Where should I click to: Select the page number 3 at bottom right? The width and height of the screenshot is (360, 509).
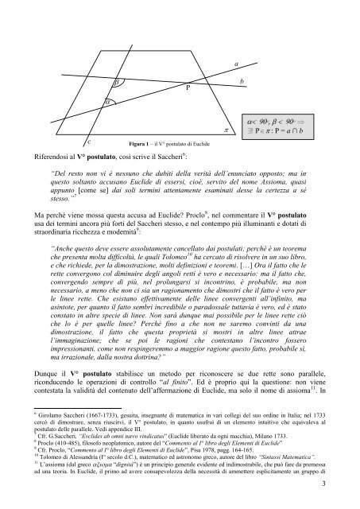pyautogui.click(x=335, y=484)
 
